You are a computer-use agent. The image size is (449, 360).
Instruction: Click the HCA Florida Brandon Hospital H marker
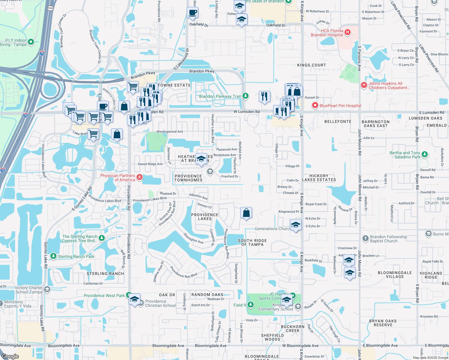[x=347, y=32]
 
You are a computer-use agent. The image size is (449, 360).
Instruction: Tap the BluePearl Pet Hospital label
[x=340, y=106]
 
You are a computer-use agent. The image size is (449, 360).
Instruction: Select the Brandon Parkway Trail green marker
[x=246, y=96]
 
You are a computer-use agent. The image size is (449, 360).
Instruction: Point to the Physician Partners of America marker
[x=139, y=177]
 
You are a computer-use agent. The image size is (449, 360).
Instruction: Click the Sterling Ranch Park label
[x=76, y=256]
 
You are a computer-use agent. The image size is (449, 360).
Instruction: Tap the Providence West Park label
[x=104, y=295]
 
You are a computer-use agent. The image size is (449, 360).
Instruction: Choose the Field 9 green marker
[x=250, y=305]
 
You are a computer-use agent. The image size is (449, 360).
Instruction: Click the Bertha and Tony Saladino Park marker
[x=424, y=154]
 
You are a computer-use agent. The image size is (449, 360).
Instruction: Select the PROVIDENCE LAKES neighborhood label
[x=205, y=217]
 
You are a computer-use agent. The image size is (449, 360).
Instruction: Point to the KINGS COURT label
[x=311, y=65]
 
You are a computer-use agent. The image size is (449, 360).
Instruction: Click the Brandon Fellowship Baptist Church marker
[x=365, y=238]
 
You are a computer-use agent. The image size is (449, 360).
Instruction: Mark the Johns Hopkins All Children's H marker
[x=364, y=85]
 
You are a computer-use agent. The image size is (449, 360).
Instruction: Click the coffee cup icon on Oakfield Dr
[x=192, y=13]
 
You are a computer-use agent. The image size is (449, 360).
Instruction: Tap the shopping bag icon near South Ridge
[x=246, y=213]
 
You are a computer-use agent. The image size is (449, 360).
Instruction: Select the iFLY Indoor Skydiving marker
[x=31, y=42]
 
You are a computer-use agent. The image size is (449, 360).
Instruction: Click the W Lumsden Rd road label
[x=247, y=112]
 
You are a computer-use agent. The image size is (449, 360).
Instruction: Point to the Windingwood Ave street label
[x=170, y=132]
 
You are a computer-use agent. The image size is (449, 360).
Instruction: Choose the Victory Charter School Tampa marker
[x=47, y=289]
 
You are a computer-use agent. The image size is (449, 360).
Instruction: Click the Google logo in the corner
[x=10, y=356]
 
